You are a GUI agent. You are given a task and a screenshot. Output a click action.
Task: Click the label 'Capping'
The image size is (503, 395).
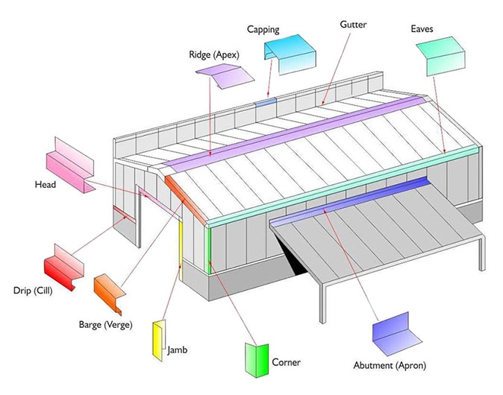263,30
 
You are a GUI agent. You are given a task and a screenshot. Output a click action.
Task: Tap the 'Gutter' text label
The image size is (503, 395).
354,25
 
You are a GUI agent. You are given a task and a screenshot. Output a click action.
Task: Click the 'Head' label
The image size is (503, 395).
46,184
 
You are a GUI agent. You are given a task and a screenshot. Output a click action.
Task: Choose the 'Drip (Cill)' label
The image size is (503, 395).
31,290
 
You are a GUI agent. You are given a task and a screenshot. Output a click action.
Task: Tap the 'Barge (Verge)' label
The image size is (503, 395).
106,324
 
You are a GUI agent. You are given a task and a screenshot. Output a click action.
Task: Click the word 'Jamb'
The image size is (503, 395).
177,349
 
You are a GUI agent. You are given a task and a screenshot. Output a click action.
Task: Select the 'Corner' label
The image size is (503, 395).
286,363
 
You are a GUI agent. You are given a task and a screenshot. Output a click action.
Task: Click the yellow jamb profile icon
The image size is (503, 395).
158,339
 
